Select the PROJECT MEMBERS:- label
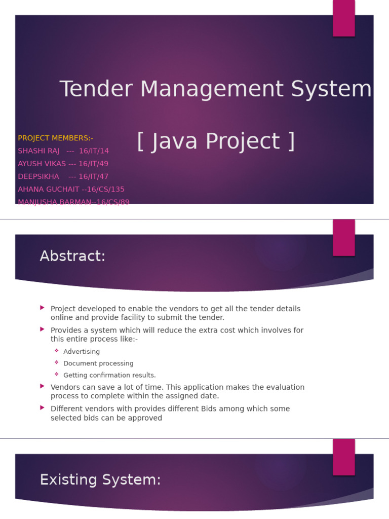(x=56, y=138)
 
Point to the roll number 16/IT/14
(x=94, y=151)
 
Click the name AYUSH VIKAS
(x=42, y=164)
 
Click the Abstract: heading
(x=72, y=256)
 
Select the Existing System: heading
(x=100, y=480)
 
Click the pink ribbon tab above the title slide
(x=343, y=18)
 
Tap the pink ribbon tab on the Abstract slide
(x=343, y=237)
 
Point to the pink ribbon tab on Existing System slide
(x=343, y=457)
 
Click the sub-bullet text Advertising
(x=82, y=352)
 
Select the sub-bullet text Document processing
(x=98, y=363)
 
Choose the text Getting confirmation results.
(x=109, y=376)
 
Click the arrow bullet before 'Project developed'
(x=43, y=308)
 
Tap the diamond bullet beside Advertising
(x=57, y=351)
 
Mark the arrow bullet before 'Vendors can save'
(x=43, y=386)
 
